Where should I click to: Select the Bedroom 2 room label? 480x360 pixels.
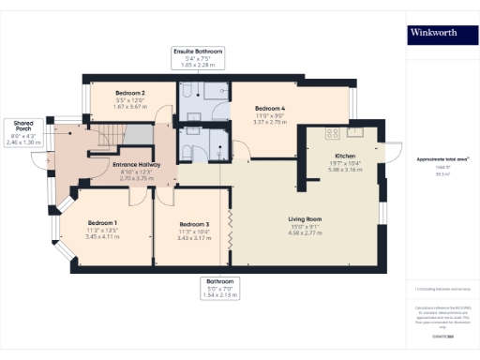point(130,94)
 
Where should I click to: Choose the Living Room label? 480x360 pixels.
point(306,217)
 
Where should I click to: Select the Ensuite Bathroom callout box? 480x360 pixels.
point(197,56)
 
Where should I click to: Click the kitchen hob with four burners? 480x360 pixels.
point(331,130)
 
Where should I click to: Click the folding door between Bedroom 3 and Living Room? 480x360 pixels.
point(229,225)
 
